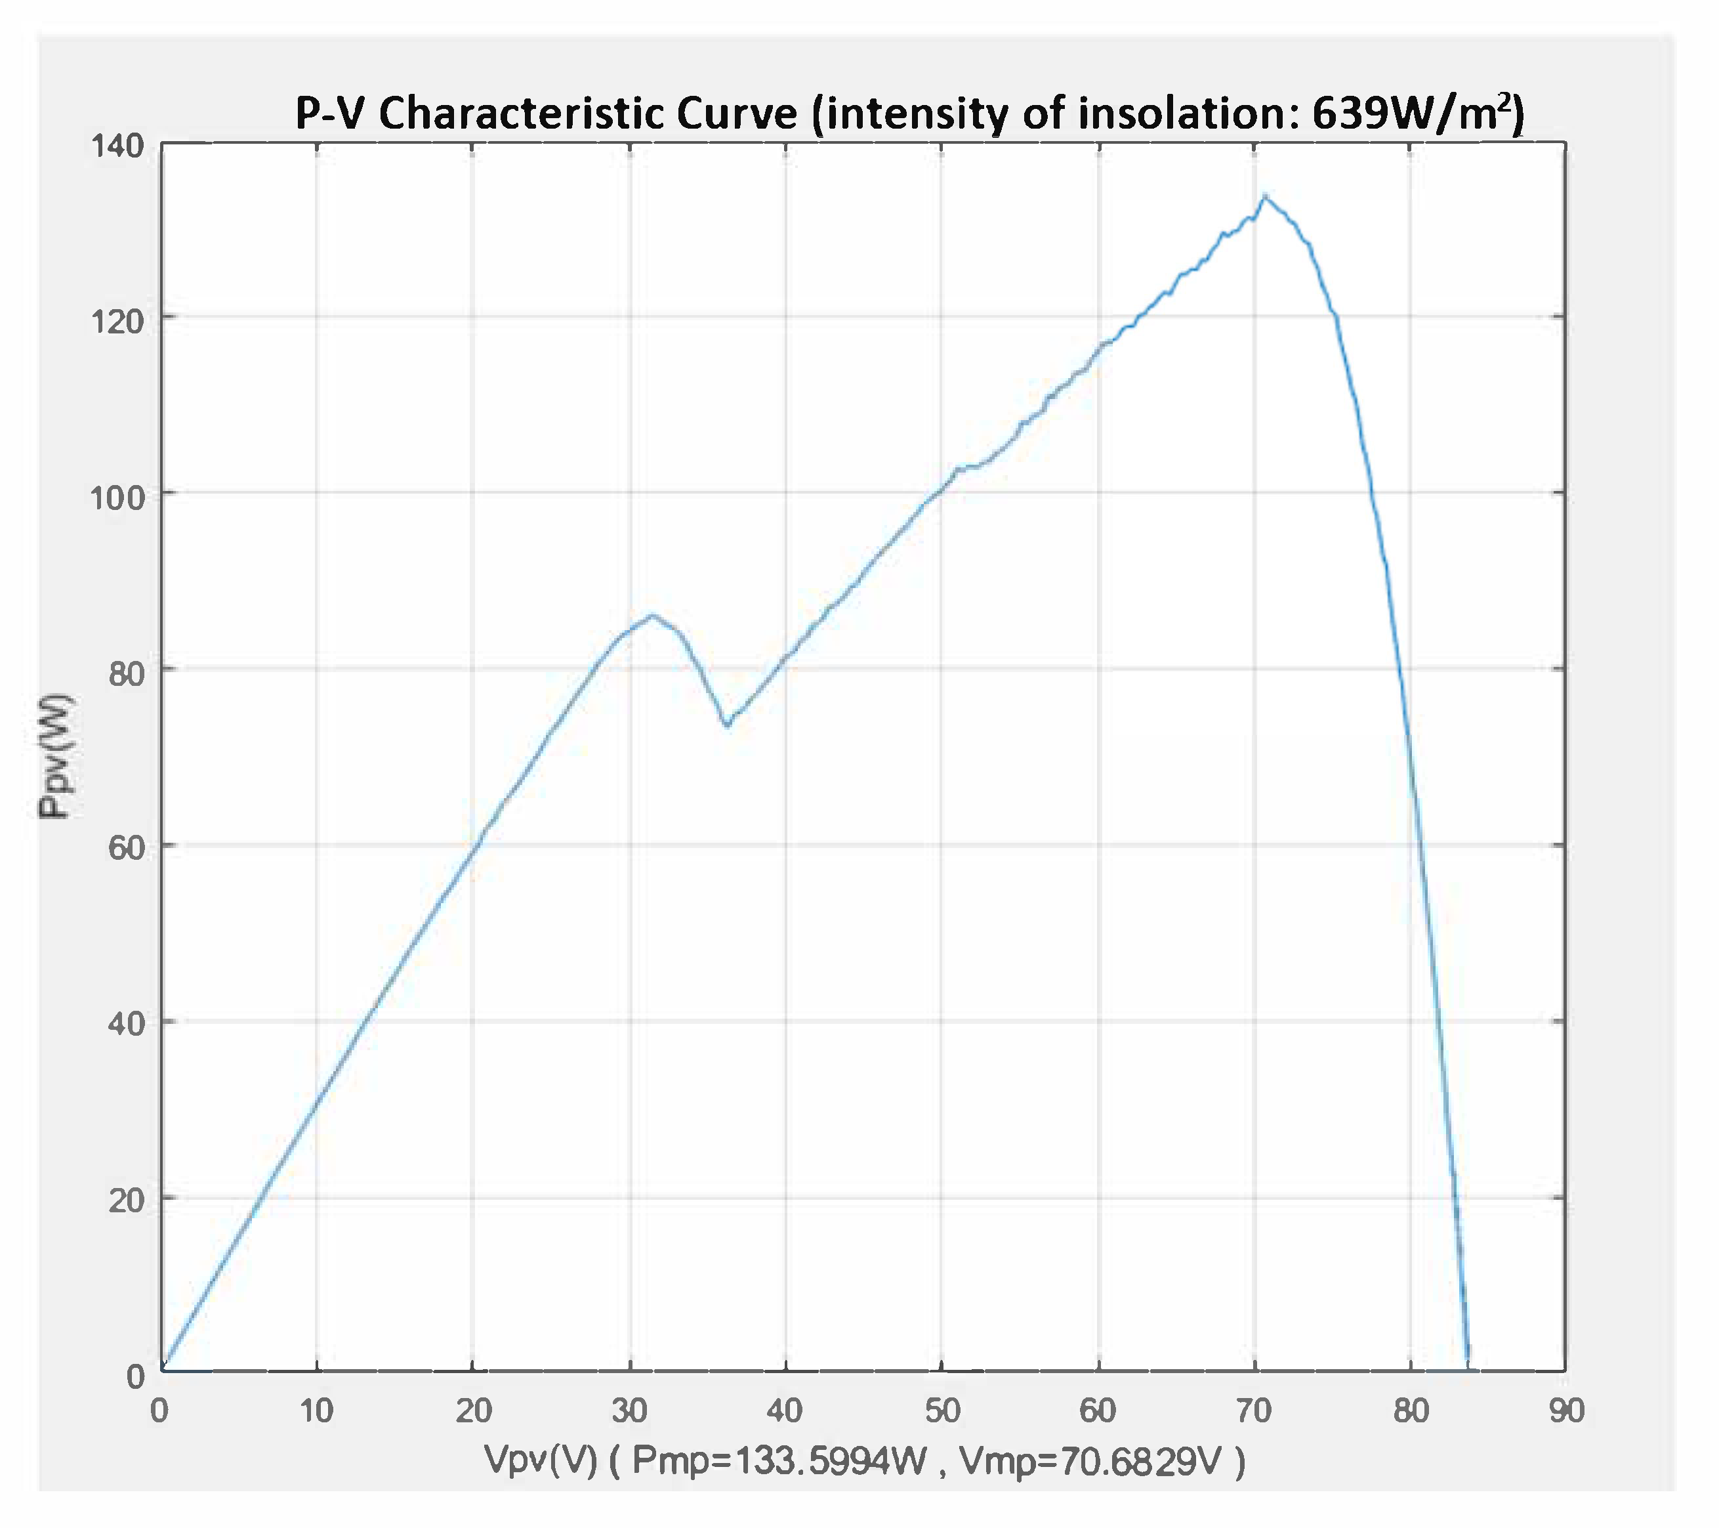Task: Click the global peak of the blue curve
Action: (1264, 196)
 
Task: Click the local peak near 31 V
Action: (651, 615)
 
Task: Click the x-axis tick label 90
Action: (1567, 1411)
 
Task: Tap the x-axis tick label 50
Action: (942, 1411)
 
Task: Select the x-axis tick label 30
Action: (629, 1411)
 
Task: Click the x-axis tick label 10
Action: (316, 1411)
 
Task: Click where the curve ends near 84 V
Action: (1468, 1356)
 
